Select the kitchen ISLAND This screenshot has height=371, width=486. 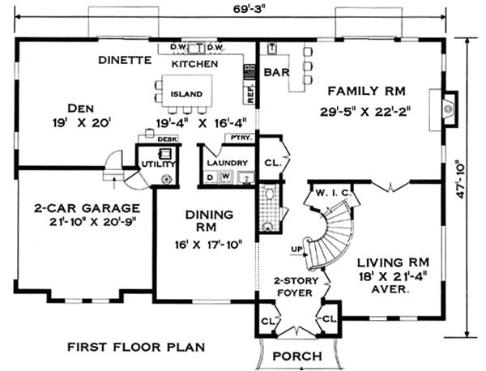click(186, 93)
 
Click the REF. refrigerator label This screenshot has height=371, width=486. click(249, 94)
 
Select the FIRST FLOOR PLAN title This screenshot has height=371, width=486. click(135, 347)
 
